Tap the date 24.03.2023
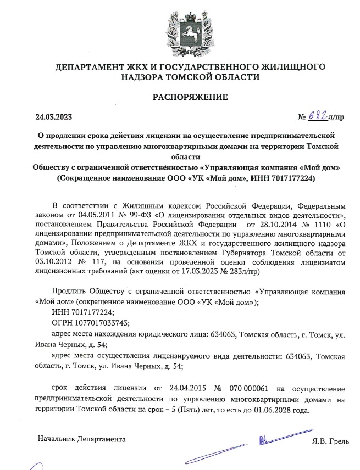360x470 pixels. (x=53, y=116)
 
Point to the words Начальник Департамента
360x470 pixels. (x=81, y=439)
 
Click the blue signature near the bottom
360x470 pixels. (x=264, y=439)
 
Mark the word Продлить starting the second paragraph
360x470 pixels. (x=69, y=291)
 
